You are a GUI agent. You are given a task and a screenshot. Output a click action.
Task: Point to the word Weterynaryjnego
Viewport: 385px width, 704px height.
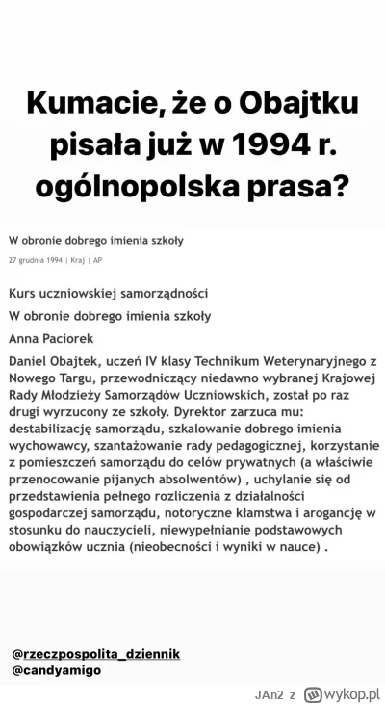point(302,362)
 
